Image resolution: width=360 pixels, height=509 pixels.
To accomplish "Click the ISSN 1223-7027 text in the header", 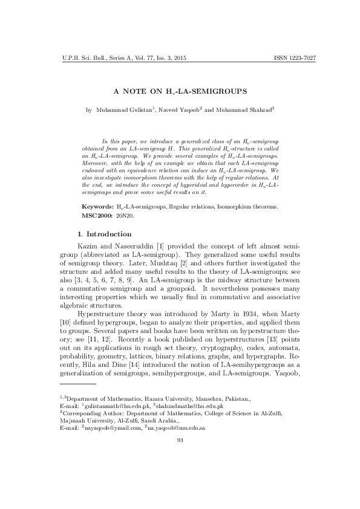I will (x=295, y=58).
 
